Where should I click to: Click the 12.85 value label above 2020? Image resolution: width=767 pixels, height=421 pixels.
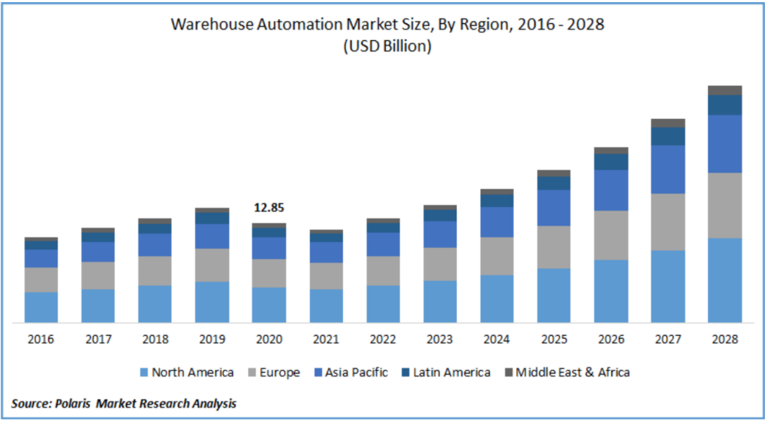[x=268, y=208]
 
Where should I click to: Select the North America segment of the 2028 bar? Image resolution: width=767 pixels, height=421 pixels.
[x=725, y=280]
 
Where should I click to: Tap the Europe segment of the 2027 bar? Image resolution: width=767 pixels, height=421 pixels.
[x=668, y=222]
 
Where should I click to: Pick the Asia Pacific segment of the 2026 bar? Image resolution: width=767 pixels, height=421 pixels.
[x=611, y=190]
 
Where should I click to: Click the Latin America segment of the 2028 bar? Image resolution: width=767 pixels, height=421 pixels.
[x=725, y=105]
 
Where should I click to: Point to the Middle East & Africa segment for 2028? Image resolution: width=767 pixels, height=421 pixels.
[x=725, y=90]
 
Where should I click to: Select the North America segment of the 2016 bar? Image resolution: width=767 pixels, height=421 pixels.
[x=42, y=307]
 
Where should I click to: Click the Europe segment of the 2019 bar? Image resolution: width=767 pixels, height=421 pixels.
[x=212, y=265]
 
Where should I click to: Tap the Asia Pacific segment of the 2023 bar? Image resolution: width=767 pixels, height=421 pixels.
[x=439, y=234]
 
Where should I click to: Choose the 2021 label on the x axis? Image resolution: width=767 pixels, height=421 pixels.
[x=325, y=339]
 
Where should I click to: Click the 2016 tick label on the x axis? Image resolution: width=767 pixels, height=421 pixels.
[x=42, y=339]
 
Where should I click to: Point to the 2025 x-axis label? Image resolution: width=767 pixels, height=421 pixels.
[x=554, y=339]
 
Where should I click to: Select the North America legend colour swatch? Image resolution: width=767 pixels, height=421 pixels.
[x=144, y=372]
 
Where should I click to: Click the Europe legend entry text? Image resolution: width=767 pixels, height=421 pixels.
[x=280, y=372]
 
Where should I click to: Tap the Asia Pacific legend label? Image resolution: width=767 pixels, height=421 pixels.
[x=356, y=372]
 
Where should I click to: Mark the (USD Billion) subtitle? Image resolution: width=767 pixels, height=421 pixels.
[x=387, y=46]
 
